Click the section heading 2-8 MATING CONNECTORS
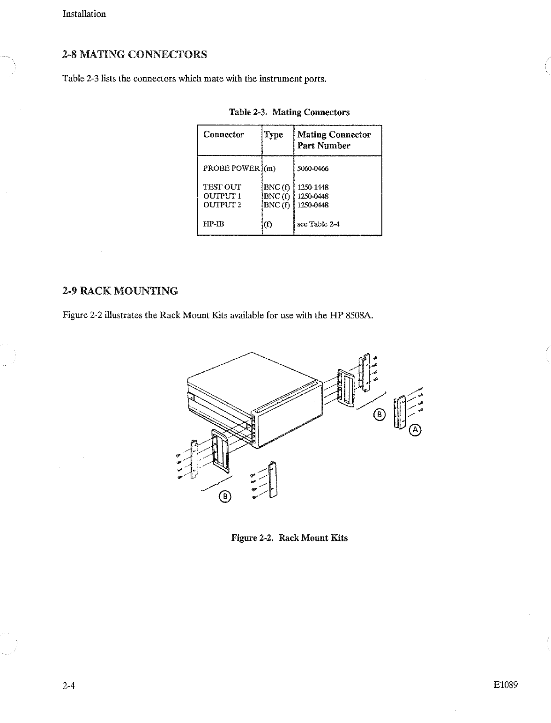point(134,54)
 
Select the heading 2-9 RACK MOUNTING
point(120,291)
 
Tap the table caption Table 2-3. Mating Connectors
point(289,112)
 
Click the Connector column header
point(223,135)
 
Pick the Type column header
point(274,135)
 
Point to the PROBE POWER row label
point(231,169)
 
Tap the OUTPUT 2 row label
point(222,205)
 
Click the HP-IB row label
point(214,224)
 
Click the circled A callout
point(415,429)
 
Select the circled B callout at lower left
point(225,496)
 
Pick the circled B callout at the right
point(380,414)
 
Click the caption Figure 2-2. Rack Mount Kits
point(290,538)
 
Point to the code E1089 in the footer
point(505,685)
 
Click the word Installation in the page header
point(84,14)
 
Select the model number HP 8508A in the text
point(349,315)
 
